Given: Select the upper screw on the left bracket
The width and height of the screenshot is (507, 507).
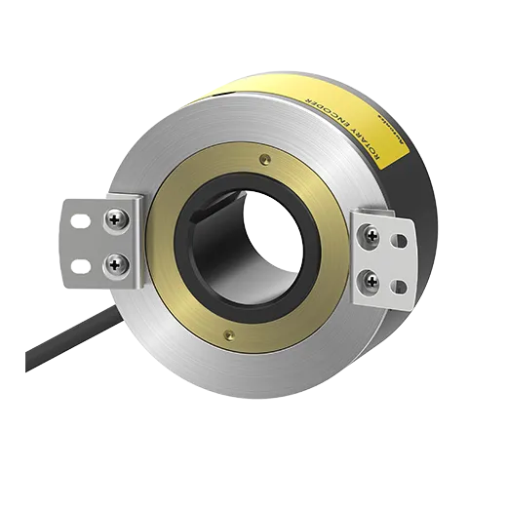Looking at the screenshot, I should [116, 221].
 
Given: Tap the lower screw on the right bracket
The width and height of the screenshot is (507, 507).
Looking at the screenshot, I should [371, 281].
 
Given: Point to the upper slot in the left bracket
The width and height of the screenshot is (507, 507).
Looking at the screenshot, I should [81, 221].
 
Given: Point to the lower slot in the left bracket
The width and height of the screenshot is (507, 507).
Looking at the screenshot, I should [81, 263].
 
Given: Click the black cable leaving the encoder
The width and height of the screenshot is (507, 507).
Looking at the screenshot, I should [58, 352].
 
